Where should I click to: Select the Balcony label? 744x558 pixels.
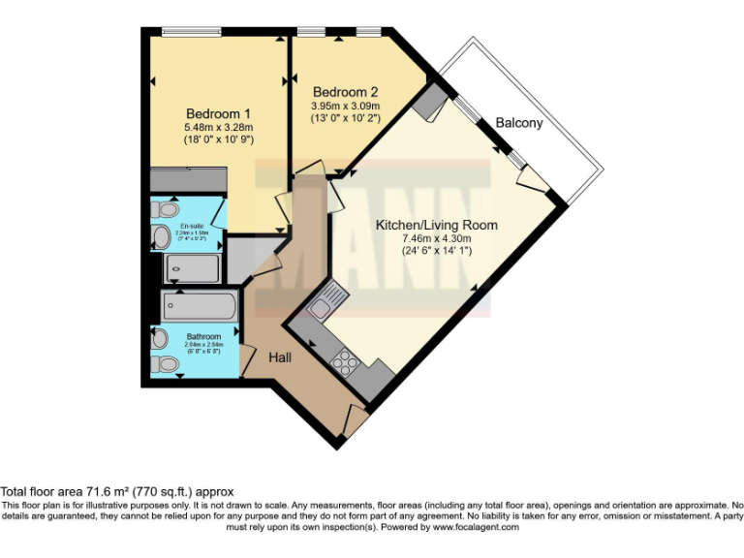(519, 124)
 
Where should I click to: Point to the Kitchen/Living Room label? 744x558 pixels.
(436, 225)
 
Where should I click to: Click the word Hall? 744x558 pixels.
(282, 357)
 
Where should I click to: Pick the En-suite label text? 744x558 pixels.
(191, 227)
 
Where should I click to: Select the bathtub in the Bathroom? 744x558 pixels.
(199, 307)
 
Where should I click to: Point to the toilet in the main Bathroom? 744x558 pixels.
(165, 363)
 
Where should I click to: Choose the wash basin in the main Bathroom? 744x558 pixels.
(159, 339)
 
